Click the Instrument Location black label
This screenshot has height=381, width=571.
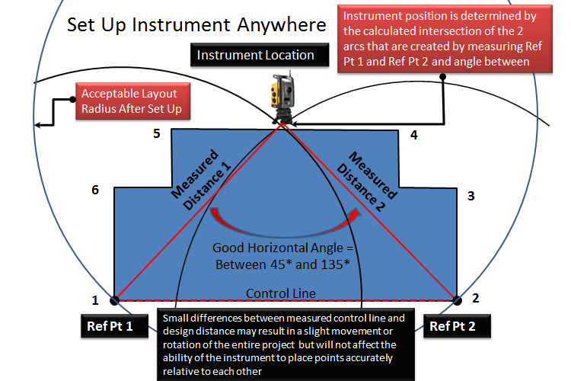(260, 55)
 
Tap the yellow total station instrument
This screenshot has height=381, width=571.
(282, 97)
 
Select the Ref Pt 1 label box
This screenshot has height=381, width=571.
(114, 325)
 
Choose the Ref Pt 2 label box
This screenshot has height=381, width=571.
(457, 325)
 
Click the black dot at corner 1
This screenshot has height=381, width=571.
(114, 300)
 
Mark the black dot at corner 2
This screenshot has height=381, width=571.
(458, 300)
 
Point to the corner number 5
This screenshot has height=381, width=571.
(157, 133)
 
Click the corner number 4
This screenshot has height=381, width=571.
(413, 135)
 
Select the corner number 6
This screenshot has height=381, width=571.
(95, 190)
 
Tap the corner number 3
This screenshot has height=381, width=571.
(471, 196)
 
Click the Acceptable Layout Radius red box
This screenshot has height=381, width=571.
(132, 101)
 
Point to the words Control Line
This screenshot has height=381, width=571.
(281, 293)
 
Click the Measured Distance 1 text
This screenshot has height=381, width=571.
(202, 180)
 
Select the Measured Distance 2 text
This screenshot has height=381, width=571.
(367, 181)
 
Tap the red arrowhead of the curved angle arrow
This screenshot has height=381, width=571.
(355, 214)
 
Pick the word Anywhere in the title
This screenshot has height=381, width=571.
(282, 25)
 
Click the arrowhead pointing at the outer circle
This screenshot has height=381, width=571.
(38, 125)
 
